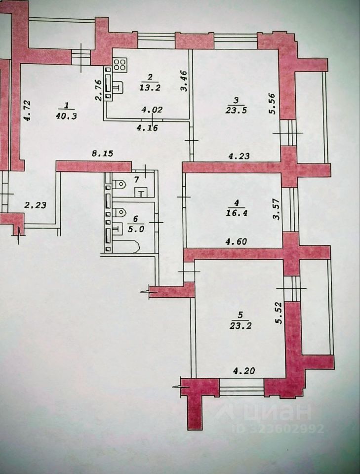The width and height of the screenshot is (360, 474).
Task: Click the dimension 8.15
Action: (x=103, y=154)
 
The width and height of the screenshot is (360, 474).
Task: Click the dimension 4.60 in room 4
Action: (x=236, y=242)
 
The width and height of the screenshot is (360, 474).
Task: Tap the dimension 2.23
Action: (x=36, y=205)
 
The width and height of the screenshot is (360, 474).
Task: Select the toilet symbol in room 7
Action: (x=119, y=185)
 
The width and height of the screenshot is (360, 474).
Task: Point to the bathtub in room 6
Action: (x=128, y=245)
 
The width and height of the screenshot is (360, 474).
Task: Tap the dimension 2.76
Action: (x=98, y=90)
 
